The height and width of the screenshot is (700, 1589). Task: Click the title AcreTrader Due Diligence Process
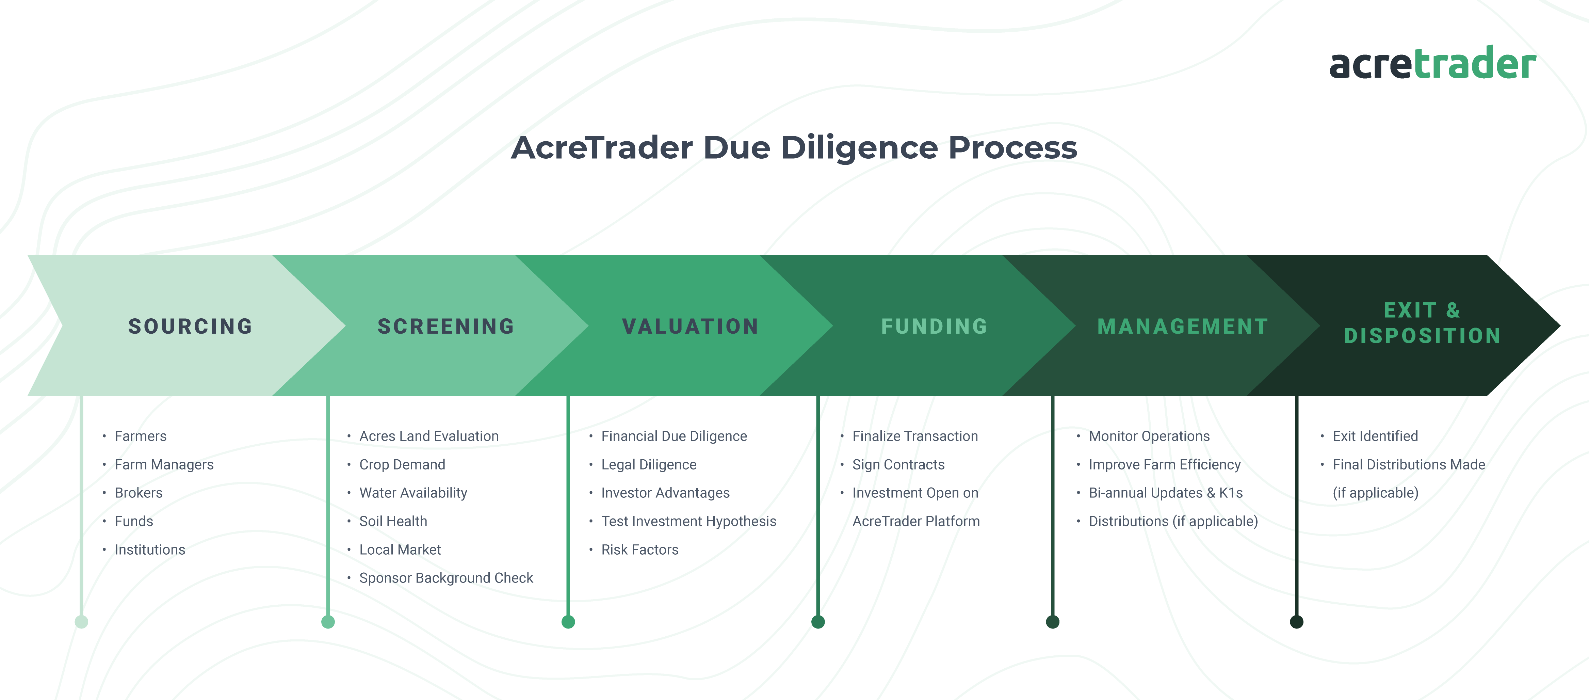click(x=794, y=147)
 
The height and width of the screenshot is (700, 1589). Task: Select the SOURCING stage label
click(x=190, y=326)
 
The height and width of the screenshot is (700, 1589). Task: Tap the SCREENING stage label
click(x=446, y=326)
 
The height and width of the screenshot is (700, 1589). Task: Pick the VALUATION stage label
click(x=690, y=326)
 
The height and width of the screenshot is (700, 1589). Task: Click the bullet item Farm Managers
click(x=164, y=464)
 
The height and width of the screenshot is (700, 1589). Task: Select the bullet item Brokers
click(x=139, y=493)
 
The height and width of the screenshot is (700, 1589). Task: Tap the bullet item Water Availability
click(x=413, y=493)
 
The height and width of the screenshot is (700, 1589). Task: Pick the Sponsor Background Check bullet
click(x=446, y=578)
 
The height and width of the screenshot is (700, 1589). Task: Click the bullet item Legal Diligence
click(x=649, y=464)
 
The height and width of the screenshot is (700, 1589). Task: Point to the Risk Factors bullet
click(x=640, y=550)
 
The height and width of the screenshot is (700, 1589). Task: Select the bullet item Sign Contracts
click(x=898, y=464)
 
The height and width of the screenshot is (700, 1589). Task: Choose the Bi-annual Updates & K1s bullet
click(x=1166, y=493)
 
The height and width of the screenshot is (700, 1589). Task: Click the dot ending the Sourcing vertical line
click(x=81, y=622)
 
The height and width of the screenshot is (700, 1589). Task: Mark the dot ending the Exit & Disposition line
click(x=1297, y=622)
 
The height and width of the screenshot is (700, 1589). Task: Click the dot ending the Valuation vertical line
click(x=568, y=622)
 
